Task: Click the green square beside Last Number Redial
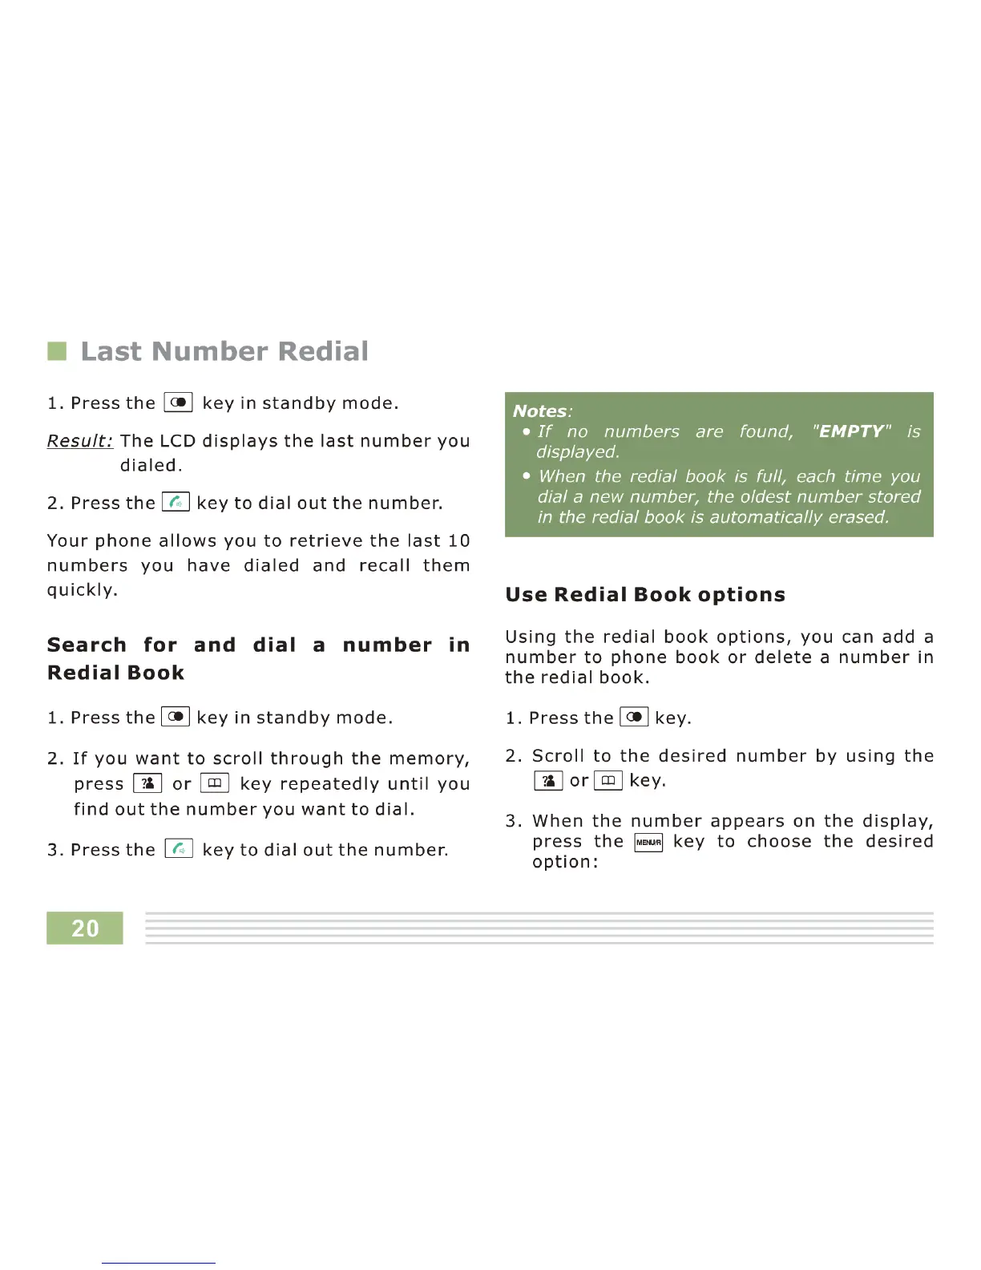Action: click(57, 351)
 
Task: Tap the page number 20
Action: click(85, 928)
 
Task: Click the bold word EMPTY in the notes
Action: click(850, 431)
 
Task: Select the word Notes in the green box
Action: click(539, 411)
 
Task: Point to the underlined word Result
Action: click(79, 441)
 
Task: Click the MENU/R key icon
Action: click(648, 842)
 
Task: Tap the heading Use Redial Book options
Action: click(645, 595)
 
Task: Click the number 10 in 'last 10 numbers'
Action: click(458, 541)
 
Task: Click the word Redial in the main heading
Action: click(324, 351)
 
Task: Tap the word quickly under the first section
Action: click(82, 590)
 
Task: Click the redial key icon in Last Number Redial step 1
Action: click(178, 402)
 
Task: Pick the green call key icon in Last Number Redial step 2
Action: click(176, 503)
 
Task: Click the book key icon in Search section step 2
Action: click(215, 783)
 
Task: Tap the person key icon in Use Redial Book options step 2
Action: click(548, 781)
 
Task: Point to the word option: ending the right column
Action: click(565, 863)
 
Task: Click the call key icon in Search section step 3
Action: click(179, 849)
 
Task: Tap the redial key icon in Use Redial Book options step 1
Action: click(634, 718)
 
